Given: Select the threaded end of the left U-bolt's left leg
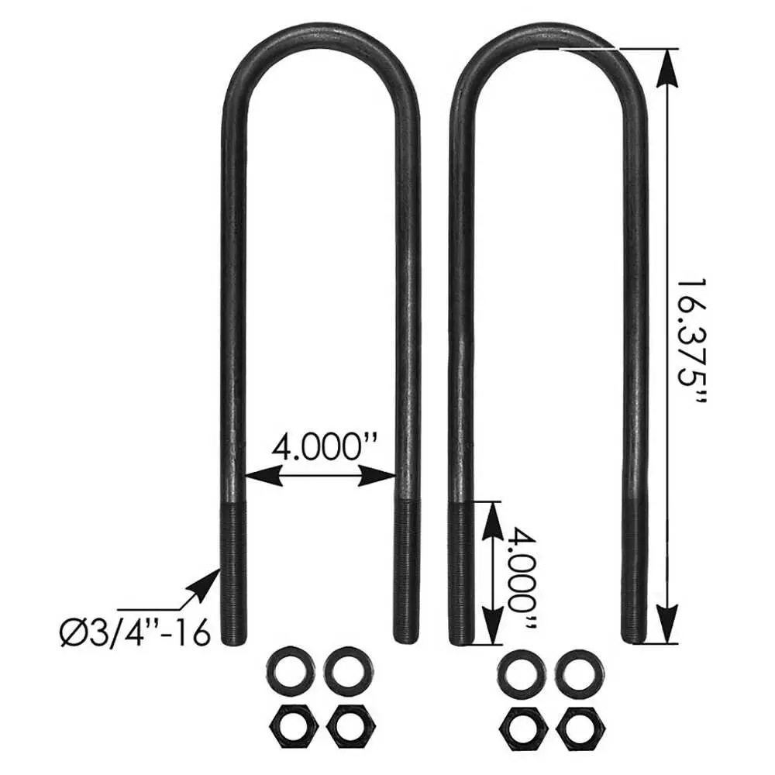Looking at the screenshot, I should pyautogui.click(x=233, y=573).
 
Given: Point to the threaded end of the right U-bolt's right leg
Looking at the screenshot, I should pyautogui.click(x=635, y=573).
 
